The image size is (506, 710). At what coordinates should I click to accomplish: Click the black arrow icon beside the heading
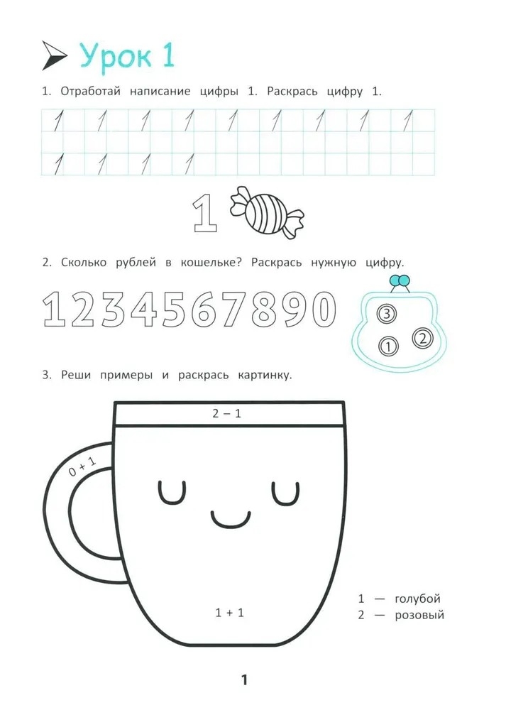(x=54, y=55)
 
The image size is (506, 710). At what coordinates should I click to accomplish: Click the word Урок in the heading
(x=116, y=57)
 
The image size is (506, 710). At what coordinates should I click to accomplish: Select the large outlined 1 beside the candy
(x=205, y=212)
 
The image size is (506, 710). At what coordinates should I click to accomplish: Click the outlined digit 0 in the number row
(x=323, y=310)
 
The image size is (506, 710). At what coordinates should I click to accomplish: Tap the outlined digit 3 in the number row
(x=112, y=310)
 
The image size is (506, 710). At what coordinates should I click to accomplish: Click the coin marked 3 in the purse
(x=386, y=313)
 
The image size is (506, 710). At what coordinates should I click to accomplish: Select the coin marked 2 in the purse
(x=422, y=338)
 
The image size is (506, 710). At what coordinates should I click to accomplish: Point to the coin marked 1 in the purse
(x=387, y=347)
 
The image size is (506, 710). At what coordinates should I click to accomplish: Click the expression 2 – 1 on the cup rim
(x=227, y=413)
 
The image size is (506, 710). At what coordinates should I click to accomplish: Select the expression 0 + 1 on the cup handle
(x=83, y=466)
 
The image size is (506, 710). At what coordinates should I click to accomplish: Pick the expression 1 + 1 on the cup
(x=229, y=613)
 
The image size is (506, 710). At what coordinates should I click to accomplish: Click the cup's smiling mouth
(x=231, y=519)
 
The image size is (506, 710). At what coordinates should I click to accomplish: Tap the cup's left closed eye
(x=172, y=493)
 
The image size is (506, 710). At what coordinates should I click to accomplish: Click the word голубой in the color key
(x=417, y=599)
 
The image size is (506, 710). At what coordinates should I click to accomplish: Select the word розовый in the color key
(x=419, y=616)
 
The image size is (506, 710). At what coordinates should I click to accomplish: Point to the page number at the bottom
(x=244, y=679)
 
